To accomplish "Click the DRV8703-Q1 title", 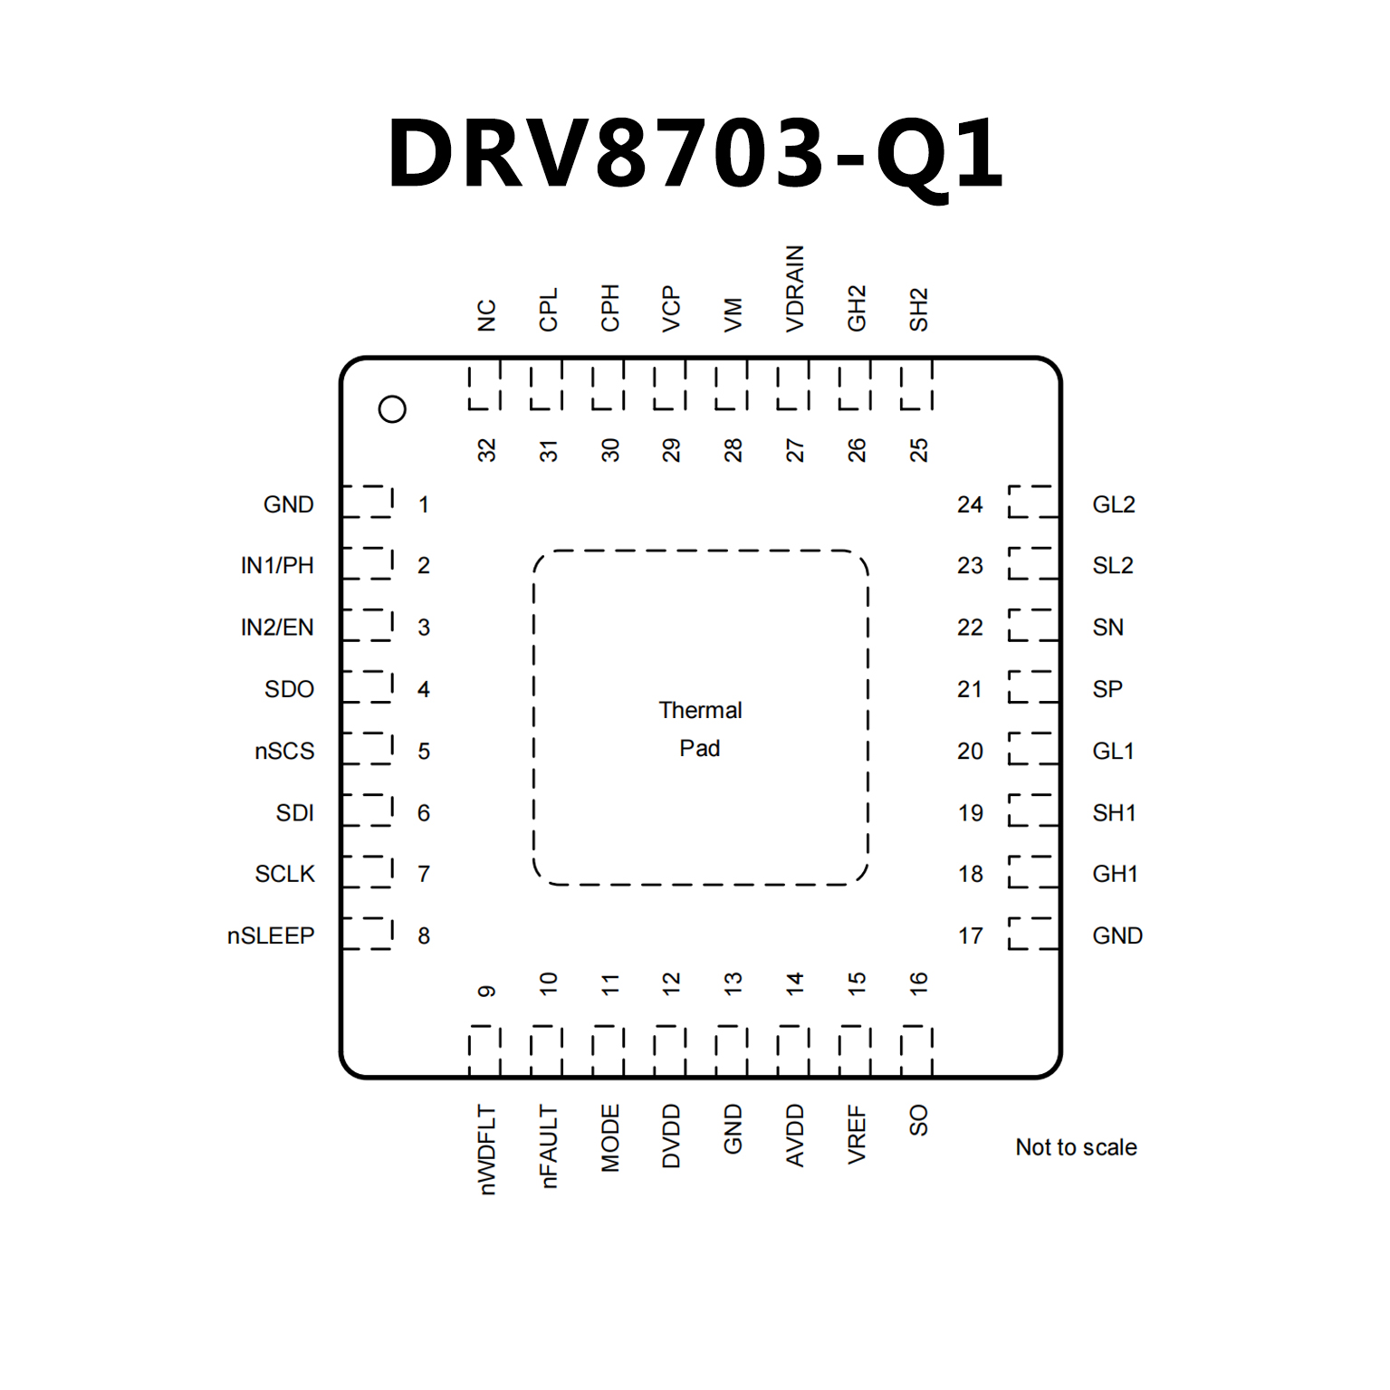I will coord(695,154).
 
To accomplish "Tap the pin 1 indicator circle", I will coord(392,409).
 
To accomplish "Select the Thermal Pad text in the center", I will coord(700,729).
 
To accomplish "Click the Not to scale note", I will coord(1076,1147).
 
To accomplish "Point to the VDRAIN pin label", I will coord(795,289).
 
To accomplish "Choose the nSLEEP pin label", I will coord(271,935).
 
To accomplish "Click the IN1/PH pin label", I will coord(277,565).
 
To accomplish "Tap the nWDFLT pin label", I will coord(487,1149).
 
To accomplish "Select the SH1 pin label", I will coord(1114,812).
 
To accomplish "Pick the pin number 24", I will coord(970,504).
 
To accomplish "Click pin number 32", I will coord(487,450).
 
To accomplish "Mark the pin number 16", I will coord(918,983).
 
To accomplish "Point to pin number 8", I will coord(424,935).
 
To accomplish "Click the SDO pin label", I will coord(289,689).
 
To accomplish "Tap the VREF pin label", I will coord(857,1134).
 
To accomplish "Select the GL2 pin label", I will coord(1114,504).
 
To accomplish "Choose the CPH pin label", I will coord(610,308).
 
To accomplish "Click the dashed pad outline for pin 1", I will coord(369,502).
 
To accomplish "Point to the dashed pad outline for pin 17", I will coord(1032,933).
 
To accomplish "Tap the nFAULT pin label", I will coord(549,1146).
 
